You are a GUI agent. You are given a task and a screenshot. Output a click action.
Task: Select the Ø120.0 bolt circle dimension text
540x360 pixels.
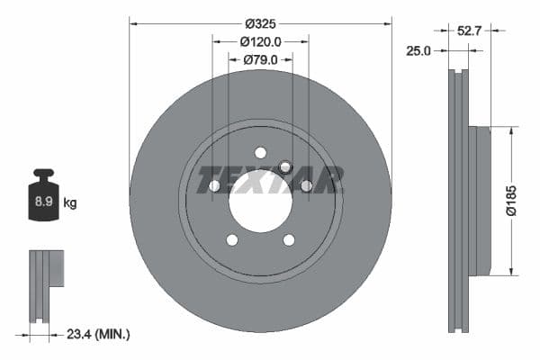261,41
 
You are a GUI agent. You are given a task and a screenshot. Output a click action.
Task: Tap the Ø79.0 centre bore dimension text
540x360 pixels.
261,59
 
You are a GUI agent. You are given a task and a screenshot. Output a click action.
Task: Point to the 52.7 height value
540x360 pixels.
468,31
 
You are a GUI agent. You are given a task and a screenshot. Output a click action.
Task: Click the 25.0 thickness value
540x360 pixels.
419,51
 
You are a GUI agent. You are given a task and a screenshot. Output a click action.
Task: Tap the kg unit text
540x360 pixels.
70,203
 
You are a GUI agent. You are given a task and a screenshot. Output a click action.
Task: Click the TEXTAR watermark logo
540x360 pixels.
270,179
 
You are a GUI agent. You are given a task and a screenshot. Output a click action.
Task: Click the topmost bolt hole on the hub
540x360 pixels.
260,152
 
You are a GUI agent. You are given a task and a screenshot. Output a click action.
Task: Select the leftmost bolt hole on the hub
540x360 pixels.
214,185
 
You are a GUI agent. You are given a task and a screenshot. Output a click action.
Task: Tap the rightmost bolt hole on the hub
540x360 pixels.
306,185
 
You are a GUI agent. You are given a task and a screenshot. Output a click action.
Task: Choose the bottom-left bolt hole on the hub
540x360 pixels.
232,239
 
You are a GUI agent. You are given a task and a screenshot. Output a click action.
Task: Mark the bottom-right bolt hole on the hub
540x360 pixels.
289,239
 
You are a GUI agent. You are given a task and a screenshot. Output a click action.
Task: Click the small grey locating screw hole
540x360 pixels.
285,166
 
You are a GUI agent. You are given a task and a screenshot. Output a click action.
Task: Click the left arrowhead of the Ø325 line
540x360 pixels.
133,22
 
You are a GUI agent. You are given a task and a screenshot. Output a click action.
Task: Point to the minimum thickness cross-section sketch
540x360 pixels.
47,285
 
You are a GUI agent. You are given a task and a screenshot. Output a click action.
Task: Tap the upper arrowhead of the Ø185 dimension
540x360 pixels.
512,130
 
